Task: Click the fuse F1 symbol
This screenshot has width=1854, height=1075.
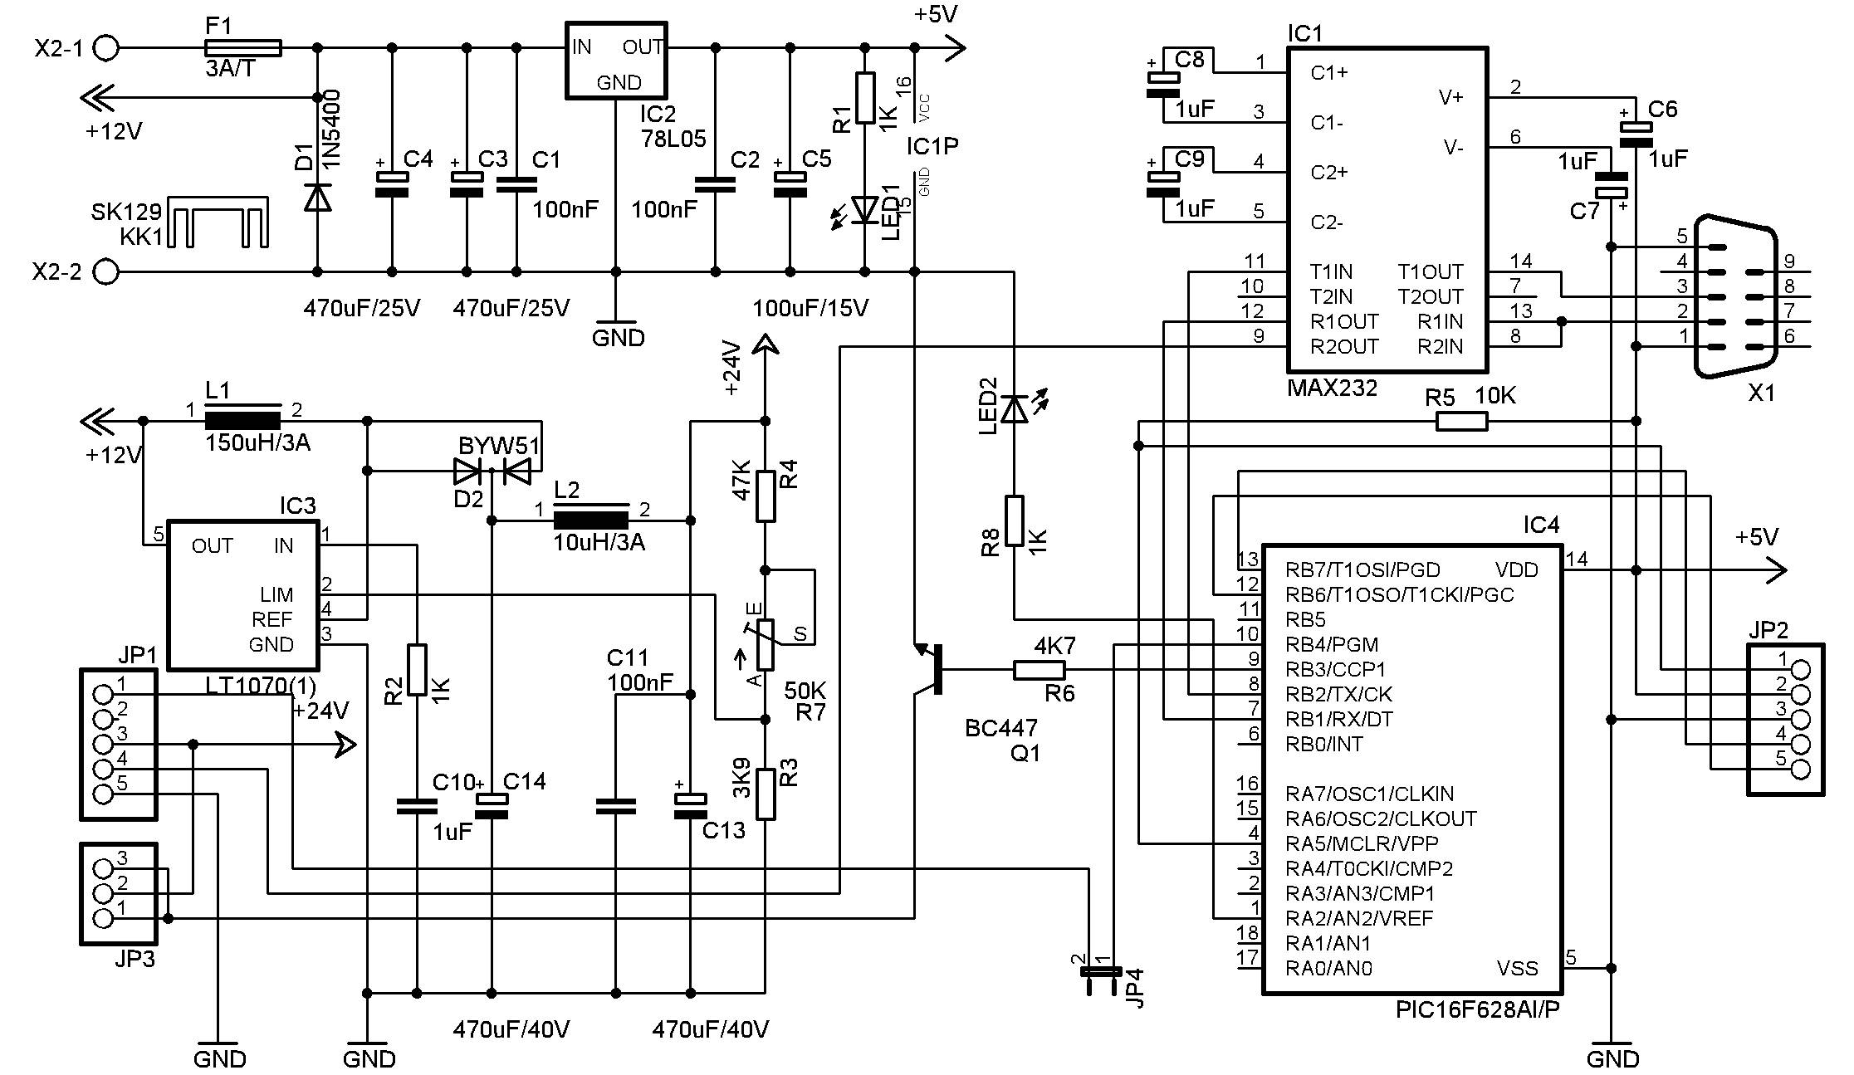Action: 242,48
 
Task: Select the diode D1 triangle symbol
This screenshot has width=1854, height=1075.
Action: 316,196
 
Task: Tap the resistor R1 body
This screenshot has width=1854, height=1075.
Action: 865,97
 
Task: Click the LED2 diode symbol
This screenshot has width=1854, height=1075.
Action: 1014,408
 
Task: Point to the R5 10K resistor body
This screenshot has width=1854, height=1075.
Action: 1461,422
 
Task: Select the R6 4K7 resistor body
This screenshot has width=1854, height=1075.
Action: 1039,670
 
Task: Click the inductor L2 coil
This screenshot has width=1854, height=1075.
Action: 591,520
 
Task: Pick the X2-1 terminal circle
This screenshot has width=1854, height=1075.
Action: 105,48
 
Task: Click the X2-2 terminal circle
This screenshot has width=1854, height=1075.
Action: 105,271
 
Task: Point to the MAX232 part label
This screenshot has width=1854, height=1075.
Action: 1332,388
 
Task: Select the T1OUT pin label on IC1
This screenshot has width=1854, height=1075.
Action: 1430,271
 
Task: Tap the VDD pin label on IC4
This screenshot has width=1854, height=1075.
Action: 1516,569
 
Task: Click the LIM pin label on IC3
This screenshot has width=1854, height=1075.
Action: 276,595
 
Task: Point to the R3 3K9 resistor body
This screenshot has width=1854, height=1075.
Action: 765,794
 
